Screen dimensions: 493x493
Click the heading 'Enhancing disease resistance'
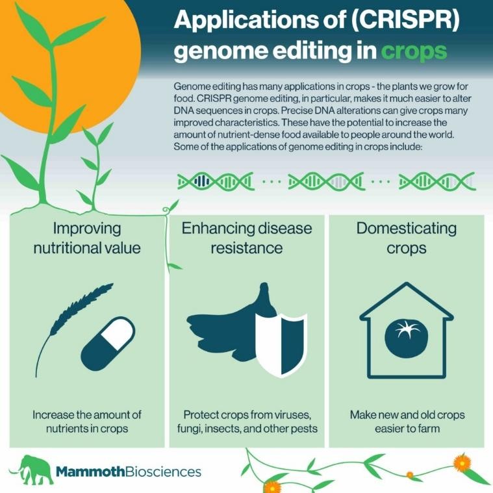pos(246,238)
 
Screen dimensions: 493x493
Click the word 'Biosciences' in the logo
pos(164,471)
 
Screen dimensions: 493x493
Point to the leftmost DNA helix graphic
pos(214,181)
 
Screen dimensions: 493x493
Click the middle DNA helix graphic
pos(325,181)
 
